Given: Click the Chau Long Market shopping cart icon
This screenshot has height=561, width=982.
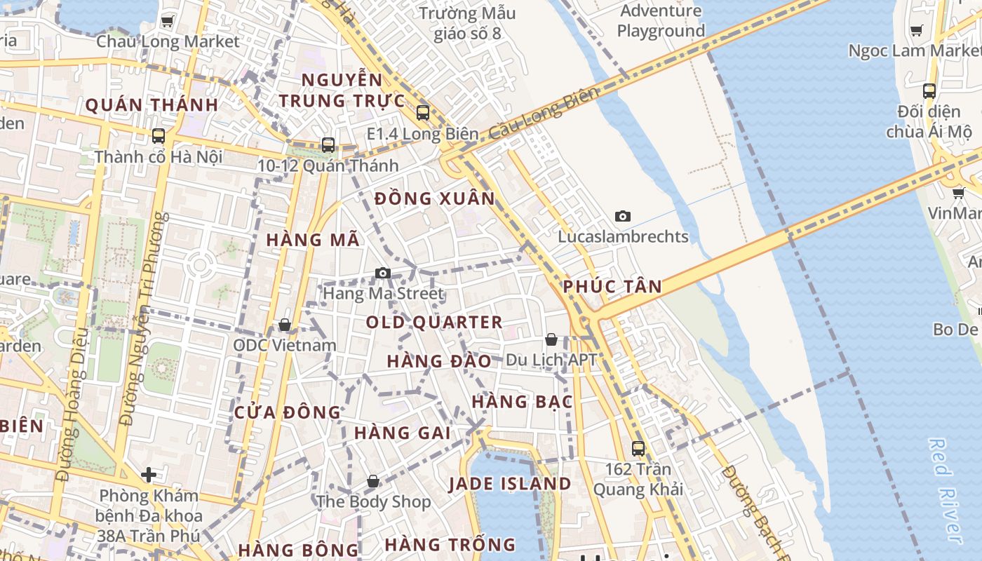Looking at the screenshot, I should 167,21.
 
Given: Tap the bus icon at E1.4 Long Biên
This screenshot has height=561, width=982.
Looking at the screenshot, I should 422,112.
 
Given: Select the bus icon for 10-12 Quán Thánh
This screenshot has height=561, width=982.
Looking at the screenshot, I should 328,145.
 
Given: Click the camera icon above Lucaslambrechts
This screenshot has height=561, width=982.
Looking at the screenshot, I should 622,216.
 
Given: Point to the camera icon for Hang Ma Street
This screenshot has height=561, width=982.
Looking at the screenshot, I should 382,273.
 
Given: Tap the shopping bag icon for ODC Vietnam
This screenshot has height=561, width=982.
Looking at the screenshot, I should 284,325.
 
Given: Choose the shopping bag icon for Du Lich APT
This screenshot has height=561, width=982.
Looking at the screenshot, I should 551,339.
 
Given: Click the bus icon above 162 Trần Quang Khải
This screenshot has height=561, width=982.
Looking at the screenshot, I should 638,448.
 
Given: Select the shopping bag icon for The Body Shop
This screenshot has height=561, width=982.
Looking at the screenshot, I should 373,481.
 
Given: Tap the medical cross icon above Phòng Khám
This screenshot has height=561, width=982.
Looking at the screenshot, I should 148,475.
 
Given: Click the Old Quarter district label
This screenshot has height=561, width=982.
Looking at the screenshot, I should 434,323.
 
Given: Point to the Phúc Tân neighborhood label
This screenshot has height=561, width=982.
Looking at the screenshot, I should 612,286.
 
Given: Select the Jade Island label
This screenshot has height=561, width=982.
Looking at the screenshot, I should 510,484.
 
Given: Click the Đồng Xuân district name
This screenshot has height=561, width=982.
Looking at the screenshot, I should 435,199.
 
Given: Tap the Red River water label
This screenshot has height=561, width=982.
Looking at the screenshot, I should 944,491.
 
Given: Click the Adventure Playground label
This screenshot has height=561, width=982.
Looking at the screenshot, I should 661,21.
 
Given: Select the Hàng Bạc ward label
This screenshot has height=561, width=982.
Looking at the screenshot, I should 522,402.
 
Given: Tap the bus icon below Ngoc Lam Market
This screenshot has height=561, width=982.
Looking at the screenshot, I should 929,90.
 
